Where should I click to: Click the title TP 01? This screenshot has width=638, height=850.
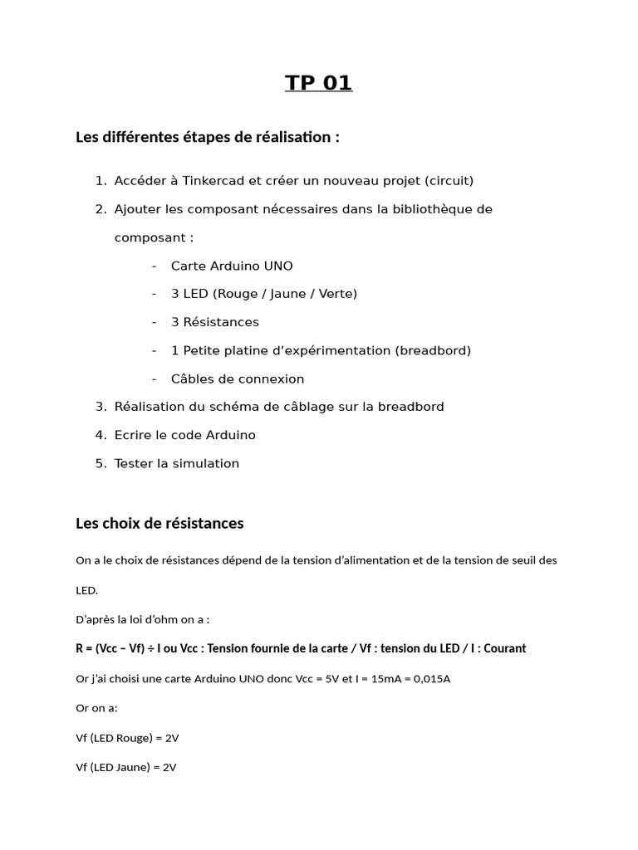pyautogui.click(x=319, y=83)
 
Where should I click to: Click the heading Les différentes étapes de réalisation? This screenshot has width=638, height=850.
pyautogui.click(x=207, y=137)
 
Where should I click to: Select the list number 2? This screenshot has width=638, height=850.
pyautogui.click(x=101, y=209)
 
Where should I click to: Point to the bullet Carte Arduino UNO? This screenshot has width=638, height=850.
pyautogui.click(x=232, y=266)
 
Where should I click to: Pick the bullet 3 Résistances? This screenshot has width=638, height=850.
pyautogui.click(x=214, y=322)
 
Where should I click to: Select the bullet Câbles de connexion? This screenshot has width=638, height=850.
pyautogui.click(x=238, y=379)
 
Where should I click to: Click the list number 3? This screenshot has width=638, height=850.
pyautogui.click(x=101, y=407)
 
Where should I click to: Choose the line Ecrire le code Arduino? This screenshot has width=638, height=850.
pyautogui.click(x=184, y=435)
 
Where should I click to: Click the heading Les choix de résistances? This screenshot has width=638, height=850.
pyautogui.click(x=159, y=524)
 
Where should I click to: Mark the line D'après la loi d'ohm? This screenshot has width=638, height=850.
pyautogui.click(x=142, y=619)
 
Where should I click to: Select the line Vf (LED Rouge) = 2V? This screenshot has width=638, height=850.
pyautogui.click(x=126, y=738)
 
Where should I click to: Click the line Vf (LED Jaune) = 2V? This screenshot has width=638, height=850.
pyautogui.click(x=125, y=768)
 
